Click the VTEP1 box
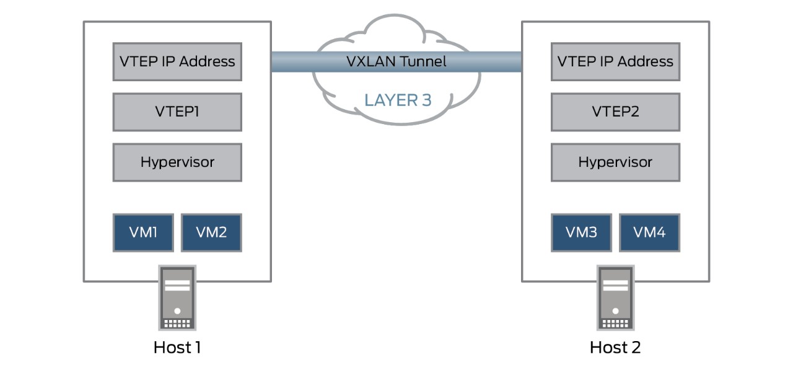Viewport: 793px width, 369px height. click(177, 112)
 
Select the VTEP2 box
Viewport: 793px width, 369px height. click(615, 112)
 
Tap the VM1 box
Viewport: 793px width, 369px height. click(143, 233)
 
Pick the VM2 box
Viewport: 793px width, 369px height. click(211, 233)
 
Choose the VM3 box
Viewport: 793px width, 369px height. click(581, 233)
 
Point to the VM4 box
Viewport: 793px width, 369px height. click(649, 233)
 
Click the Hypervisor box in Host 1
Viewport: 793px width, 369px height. click(177, 162)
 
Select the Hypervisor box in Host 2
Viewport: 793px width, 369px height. click(615, 162)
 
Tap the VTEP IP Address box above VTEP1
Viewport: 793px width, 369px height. click(177, 61)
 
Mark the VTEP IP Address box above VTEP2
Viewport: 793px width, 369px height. click(615, 61)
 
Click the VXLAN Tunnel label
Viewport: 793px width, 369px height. click(396, 61)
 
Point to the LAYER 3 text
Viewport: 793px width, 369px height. click(397, 100)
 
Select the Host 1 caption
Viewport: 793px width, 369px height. click(177, 347)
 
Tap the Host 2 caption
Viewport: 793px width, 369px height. click(615, 347)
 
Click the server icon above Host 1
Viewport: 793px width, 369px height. click(177, 298)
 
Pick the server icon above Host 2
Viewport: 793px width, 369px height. click(615, 298)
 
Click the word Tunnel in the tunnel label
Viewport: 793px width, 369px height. click(423, 61)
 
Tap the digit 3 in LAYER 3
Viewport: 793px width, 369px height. click(426, 100)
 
